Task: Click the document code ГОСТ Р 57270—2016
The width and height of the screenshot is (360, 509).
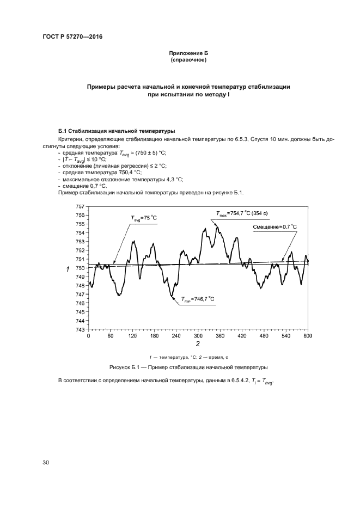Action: point(73,37)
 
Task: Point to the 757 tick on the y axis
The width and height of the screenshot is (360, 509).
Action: point(80,206)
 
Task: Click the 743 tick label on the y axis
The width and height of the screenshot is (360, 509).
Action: point(80,329)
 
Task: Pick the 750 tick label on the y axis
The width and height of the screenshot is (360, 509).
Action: point(80,268)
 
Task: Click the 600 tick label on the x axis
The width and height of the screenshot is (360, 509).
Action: point(308,336)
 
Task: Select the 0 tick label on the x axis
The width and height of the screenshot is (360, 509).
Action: point(89,336)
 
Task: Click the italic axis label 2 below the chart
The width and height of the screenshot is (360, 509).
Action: point(198,344)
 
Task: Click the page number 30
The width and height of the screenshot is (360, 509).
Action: point(46,463)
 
